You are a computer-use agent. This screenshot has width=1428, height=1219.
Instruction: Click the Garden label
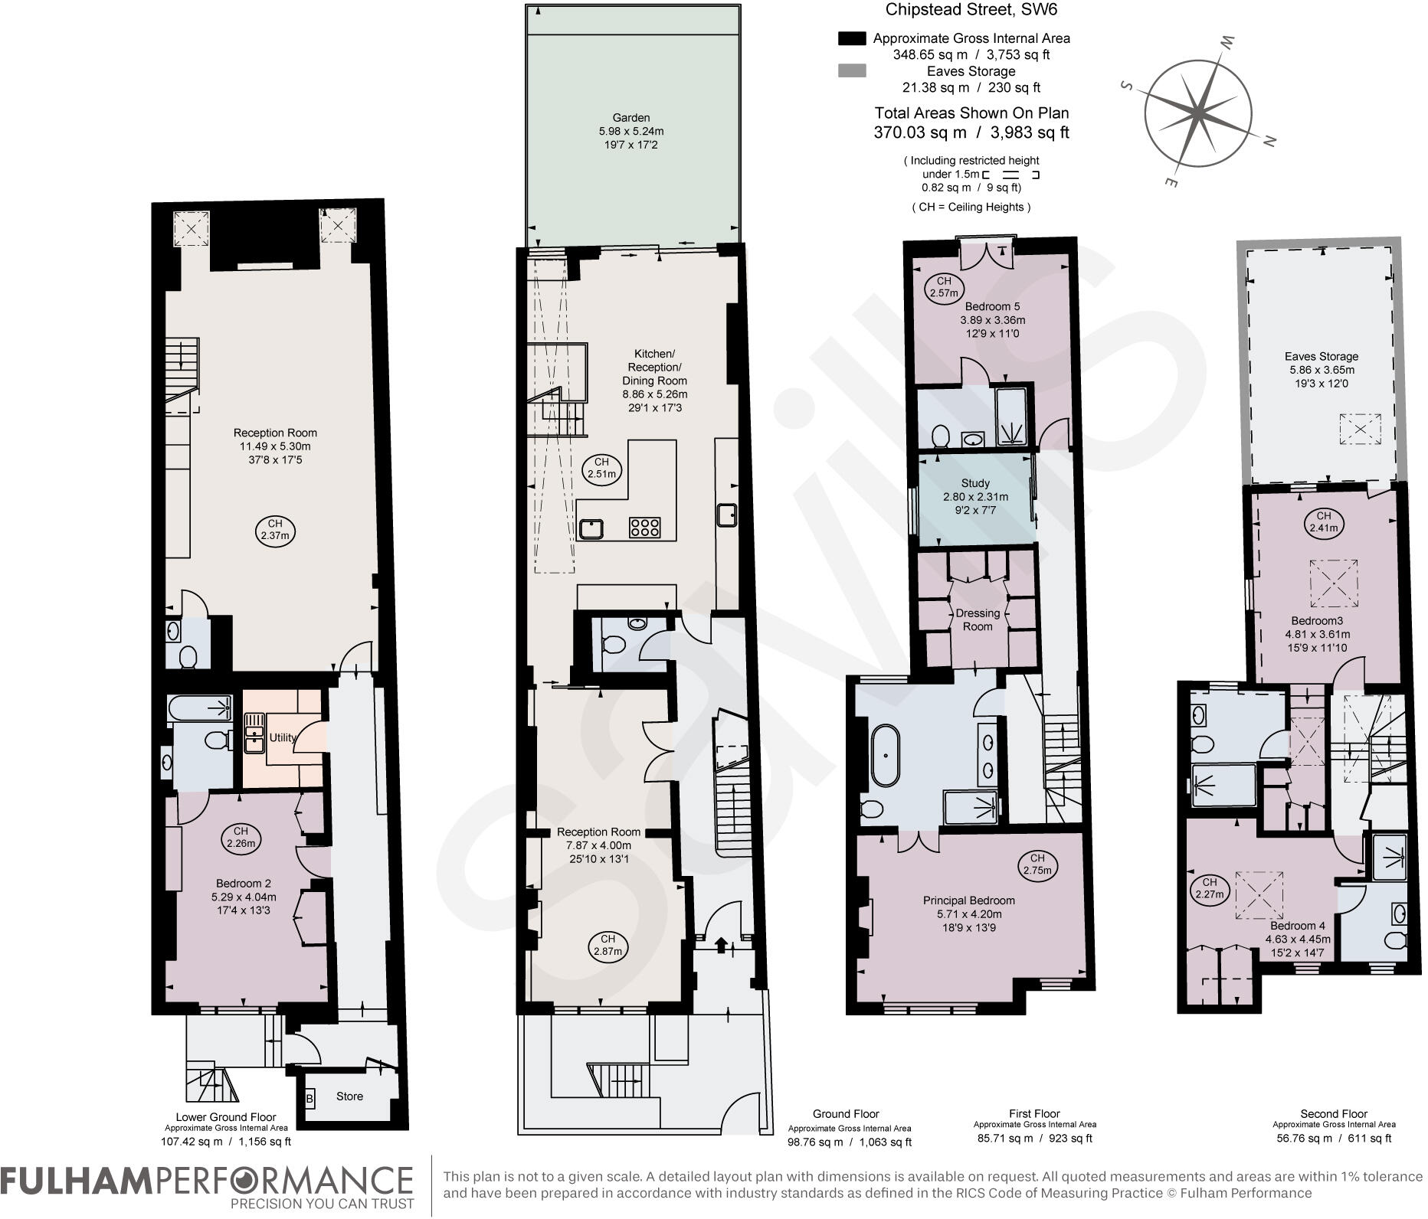pyautogui.click(x=631, y=118)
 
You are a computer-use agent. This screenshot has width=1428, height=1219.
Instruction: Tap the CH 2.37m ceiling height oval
pyautogui.click(x=274, y=530)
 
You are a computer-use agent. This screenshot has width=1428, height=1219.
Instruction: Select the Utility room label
pyautogui.click(x=282, y=737)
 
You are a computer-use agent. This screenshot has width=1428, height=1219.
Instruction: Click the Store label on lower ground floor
pyautogui.click(x=349, y=1096)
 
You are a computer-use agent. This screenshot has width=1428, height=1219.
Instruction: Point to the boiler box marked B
pyautogui.click(x=310, y=1100)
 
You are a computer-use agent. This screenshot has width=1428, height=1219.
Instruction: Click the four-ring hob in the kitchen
pyautogui.click(x=644, y=527)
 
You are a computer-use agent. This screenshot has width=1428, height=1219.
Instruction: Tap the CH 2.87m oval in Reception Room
pyautogui.click(x=608, y=946)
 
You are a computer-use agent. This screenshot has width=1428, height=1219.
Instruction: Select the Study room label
pyautogui.click(x=975, y=483)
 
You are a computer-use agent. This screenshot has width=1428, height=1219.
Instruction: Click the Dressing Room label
pyautogui.click(x=978, y=619)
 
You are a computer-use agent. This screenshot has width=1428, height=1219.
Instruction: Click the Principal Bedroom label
pyautogui.click(x=968, y=900)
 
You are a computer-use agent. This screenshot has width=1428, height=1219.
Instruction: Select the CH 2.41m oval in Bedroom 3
pyautogui.click(x=1323, y=521)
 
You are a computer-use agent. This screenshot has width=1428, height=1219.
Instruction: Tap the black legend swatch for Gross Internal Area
pyautogui.click(x=852, y=38)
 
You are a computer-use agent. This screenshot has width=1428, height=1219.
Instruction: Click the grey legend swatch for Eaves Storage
pyautogui.click(x=852, y=71)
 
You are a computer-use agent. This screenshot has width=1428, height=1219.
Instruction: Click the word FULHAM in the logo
pyautogui.click(x=73, y=1180)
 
